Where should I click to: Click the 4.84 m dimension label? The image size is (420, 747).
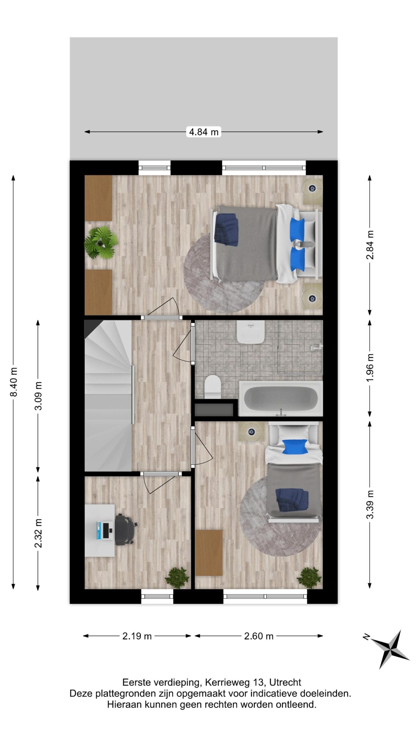204,132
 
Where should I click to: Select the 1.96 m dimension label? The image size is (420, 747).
370,367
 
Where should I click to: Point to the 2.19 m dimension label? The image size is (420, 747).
137,636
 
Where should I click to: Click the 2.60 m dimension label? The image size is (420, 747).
259,636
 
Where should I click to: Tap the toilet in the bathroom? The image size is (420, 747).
212,386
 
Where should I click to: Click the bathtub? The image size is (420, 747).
281,398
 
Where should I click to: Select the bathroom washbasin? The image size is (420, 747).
251,332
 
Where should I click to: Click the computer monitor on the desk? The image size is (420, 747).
105,530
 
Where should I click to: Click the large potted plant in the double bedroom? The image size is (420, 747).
101,243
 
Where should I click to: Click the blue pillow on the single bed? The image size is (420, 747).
295,447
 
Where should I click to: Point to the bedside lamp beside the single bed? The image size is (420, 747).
251,432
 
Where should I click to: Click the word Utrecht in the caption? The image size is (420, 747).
285,683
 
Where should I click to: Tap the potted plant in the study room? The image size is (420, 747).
177,576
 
